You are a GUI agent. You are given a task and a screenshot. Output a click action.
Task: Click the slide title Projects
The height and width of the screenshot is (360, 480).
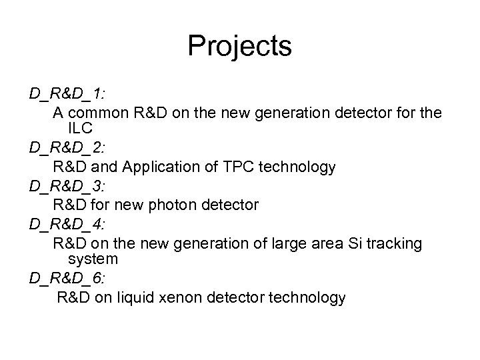239,46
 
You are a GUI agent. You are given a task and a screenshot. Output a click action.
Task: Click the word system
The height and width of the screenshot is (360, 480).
93,259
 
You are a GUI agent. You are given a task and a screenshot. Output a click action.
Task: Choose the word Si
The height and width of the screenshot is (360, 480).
353,244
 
